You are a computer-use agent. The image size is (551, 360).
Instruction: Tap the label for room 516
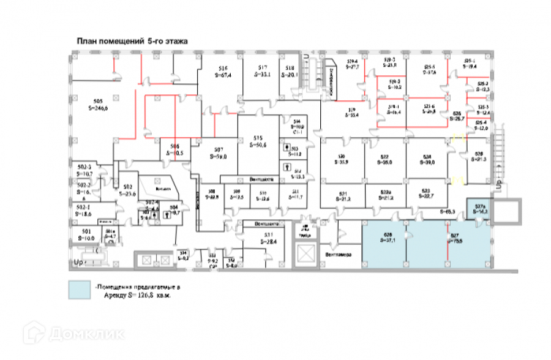click(223, 68)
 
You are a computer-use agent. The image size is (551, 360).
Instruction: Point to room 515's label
click(258, 138)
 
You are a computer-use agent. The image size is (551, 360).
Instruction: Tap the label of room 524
click(429, 156)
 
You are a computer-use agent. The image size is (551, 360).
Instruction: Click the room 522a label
click(386, 190)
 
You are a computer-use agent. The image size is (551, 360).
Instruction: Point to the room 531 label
click(268, 235)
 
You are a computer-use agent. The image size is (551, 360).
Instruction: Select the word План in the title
click(86, 41)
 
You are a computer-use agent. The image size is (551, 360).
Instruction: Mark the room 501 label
click(86, 231)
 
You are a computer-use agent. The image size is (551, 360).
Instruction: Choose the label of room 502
click(127, 186)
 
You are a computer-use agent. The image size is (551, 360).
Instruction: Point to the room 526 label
click(457, 113)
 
